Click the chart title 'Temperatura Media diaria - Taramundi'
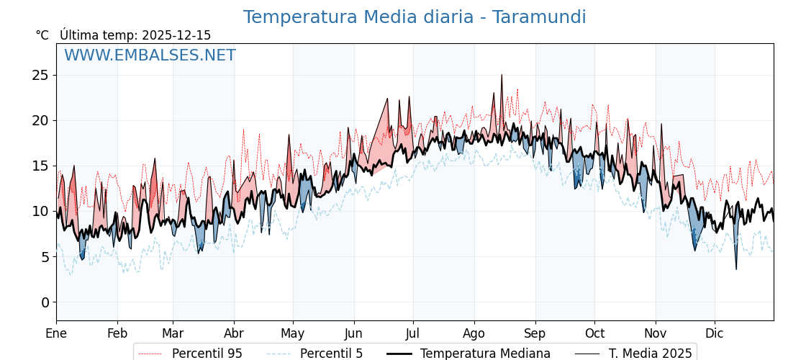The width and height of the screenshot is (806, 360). pos(414,17)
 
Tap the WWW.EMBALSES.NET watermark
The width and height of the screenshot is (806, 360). pos(150,55)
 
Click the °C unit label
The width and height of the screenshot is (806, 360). pos(42,35)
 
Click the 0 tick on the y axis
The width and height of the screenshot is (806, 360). pos(45,302)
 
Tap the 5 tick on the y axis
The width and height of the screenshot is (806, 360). pos(45,257)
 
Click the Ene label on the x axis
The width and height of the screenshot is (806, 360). pos(56,333)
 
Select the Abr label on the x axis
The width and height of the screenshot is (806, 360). pos(234,333)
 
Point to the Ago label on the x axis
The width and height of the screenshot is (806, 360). pos(474,333)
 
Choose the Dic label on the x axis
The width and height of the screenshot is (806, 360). pos(715,333)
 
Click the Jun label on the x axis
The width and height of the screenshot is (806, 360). pos(354,333)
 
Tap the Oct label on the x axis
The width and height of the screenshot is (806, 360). pos(594,333)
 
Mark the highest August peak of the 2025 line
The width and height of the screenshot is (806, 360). pos(502,75)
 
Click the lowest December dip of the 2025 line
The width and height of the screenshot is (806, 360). pos(735,269)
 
